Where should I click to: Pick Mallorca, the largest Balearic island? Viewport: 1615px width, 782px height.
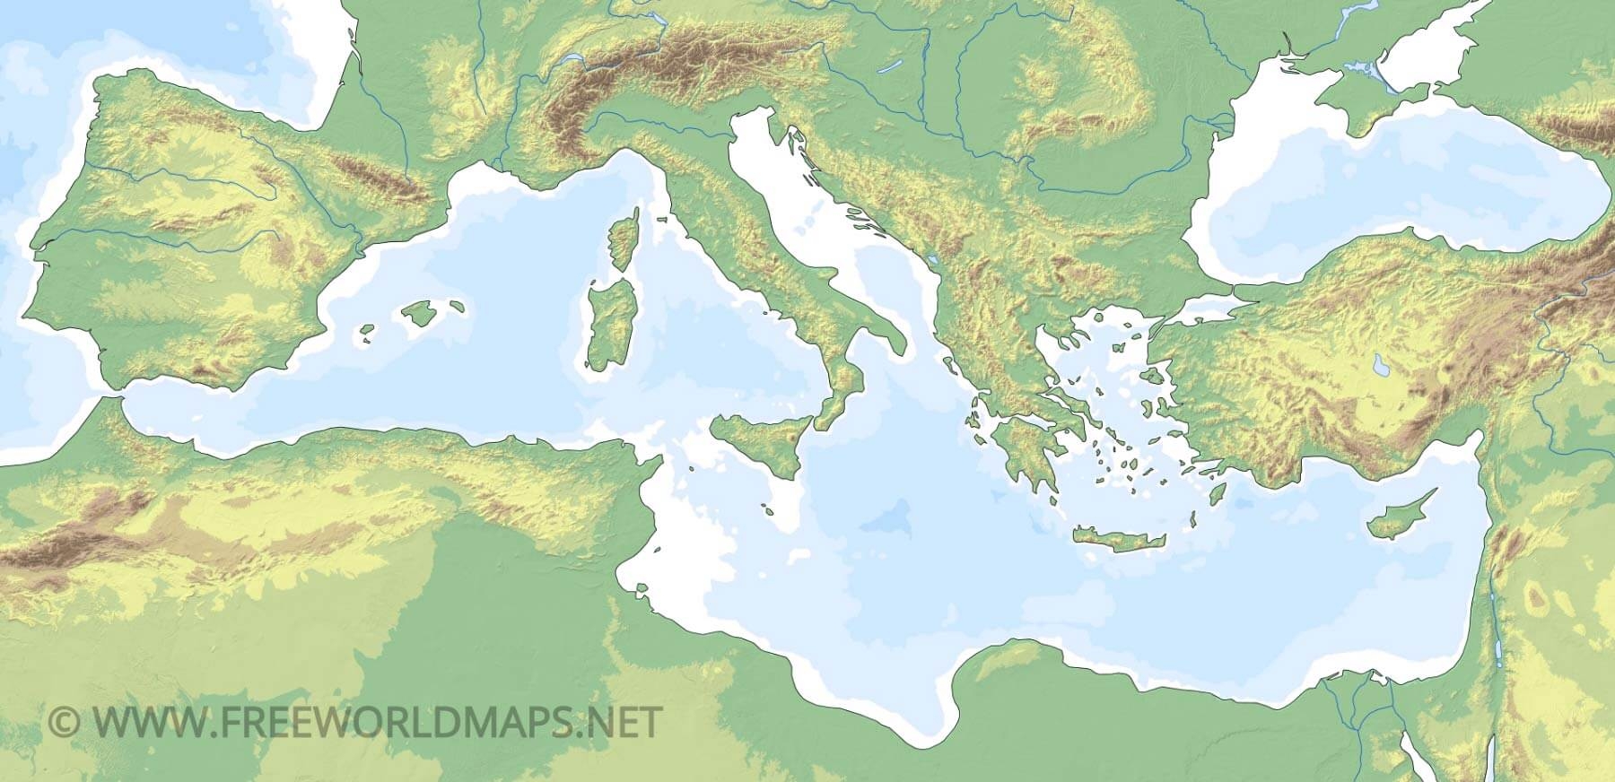point(419,313)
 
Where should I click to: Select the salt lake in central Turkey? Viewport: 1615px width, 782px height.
point(1377,364)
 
